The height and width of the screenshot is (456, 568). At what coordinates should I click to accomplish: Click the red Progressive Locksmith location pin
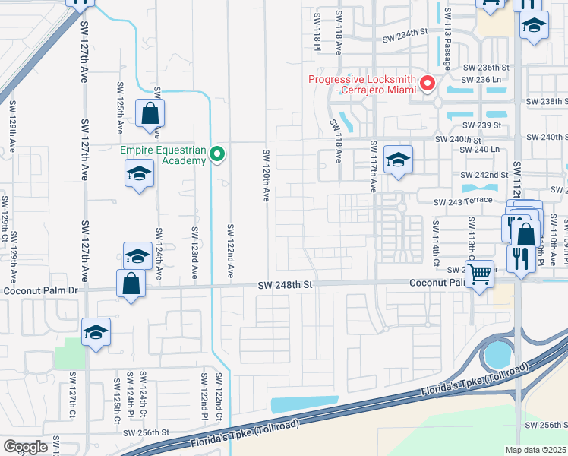(x=428, y=83)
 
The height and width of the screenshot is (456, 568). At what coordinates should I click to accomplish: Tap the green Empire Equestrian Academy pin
(x=217, y=155)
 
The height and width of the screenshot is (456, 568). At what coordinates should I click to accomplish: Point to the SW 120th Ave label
(x=267, y=175)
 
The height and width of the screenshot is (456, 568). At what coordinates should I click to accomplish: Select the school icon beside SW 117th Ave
(x=398, y=160)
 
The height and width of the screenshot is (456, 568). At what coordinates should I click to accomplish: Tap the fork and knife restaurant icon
(x=521, y=258)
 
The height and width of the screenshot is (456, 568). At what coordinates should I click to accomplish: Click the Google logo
(x=25, y=447)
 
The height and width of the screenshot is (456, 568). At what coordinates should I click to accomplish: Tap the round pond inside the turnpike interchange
(x=498, y=353)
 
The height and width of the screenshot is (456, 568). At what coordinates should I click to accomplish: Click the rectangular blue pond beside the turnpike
(x=304, y=404)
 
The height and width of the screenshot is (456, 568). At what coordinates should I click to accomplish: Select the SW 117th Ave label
(x=373, y=166)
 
